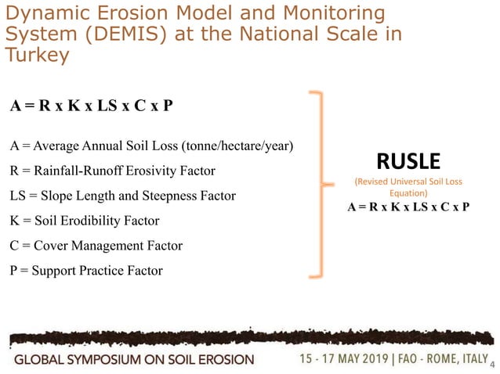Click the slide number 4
[x=491, y=364]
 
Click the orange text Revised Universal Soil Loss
[x=408, y=182]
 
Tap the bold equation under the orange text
[x=408, y=207]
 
